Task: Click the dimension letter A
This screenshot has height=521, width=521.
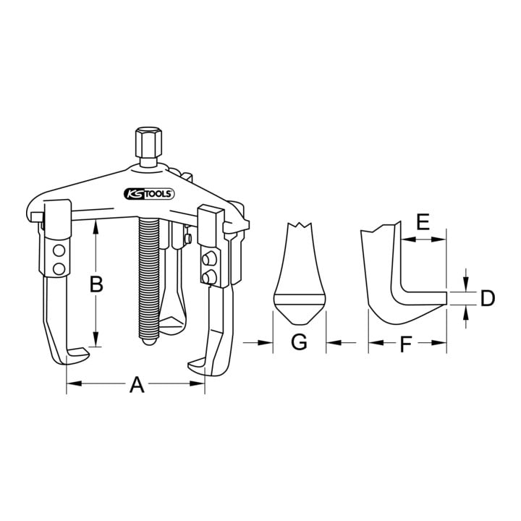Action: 137,384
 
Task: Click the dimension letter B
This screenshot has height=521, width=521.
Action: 96,284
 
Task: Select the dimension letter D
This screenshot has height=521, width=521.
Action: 488,297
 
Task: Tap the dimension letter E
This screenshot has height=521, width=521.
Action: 423,222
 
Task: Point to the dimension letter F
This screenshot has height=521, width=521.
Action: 406,344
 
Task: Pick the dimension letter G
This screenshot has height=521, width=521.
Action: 299,342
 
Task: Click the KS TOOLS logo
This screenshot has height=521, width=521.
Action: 149,194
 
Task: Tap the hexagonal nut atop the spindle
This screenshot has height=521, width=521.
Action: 148,143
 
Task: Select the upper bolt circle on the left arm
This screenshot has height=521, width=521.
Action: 59,251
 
